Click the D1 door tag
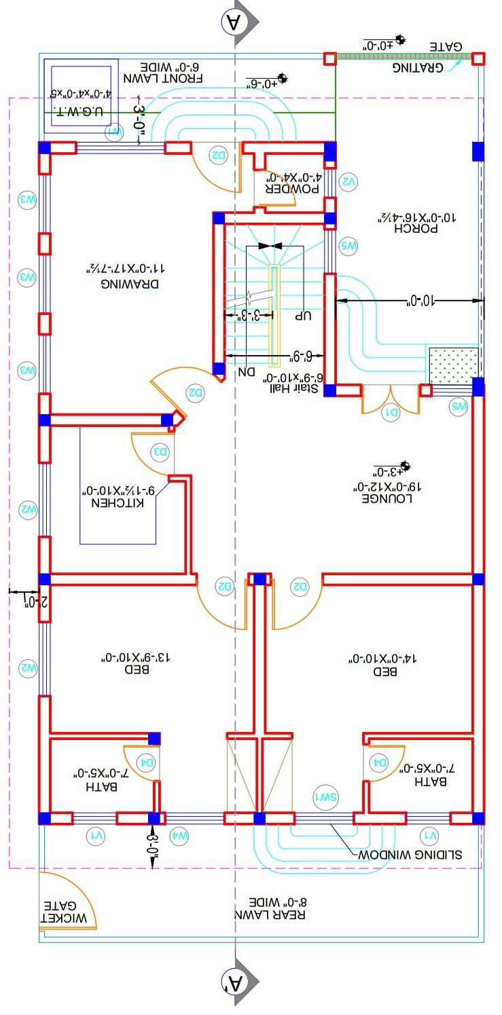(x=392, y=411)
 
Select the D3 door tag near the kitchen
(x=160, y=451)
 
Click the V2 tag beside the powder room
(x=348, y=181)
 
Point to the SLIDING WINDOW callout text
(x=410, y=853)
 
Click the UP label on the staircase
(x=303, y=316)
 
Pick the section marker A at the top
(x=234, y=22)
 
